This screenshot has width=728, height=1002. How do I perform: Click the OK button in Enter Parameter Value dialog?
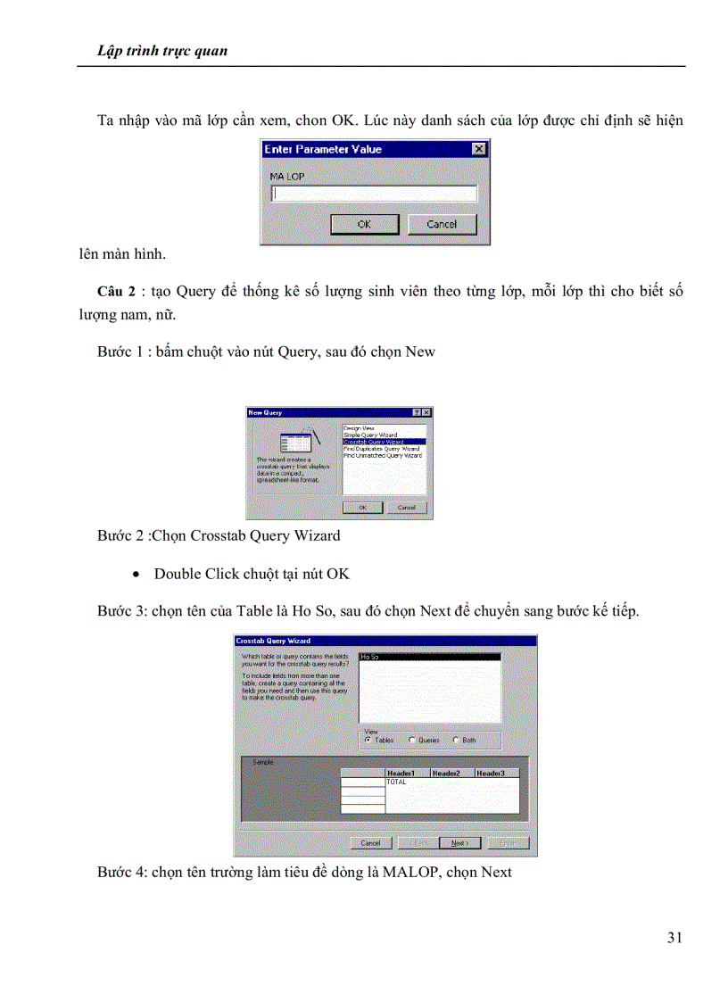tap(363, 224)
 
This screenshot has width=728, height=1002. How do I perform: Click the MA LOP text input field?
tap(374, 193)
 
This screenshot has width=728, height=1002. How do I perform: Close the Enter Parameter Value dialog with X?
tap(479, 149)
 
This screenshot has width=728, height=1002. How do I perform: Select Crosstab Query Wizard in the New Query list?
tap(384, 442)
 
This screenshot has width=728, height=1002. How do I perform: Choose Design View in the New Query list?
tap(359, 427)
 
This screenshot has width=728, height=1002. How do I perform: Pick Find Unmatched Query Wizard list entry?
tap(383, 455)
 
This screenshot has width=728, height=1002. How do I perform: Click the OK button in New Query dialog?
tap(363, 507)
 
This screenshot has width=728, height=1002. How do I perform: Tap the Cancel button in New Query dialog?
tap(406, 507)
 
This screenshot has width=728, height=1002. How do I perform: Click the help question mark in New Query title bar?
tap(417, 412)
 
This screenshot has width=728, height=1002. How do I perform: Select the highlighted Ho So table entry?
tap(428, 657)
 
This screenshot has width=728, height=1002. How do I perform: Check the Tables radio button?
tap(368, 740)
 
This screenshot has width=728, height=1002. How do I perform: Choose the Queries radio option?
tap(412, 740)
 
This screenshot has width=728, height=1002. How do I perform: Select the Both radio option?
tap(457, 740)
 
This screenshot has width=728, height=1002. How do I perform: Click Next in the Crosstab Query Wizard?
tap(460, 842)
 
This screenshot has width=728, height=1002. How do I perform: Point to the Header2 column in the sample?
tap(451, 773)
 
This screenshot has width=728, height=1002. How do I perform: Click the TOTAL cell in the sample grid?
tap(396, 782)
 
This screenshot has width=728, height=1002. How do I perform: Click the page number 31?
tap(674, 937)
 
